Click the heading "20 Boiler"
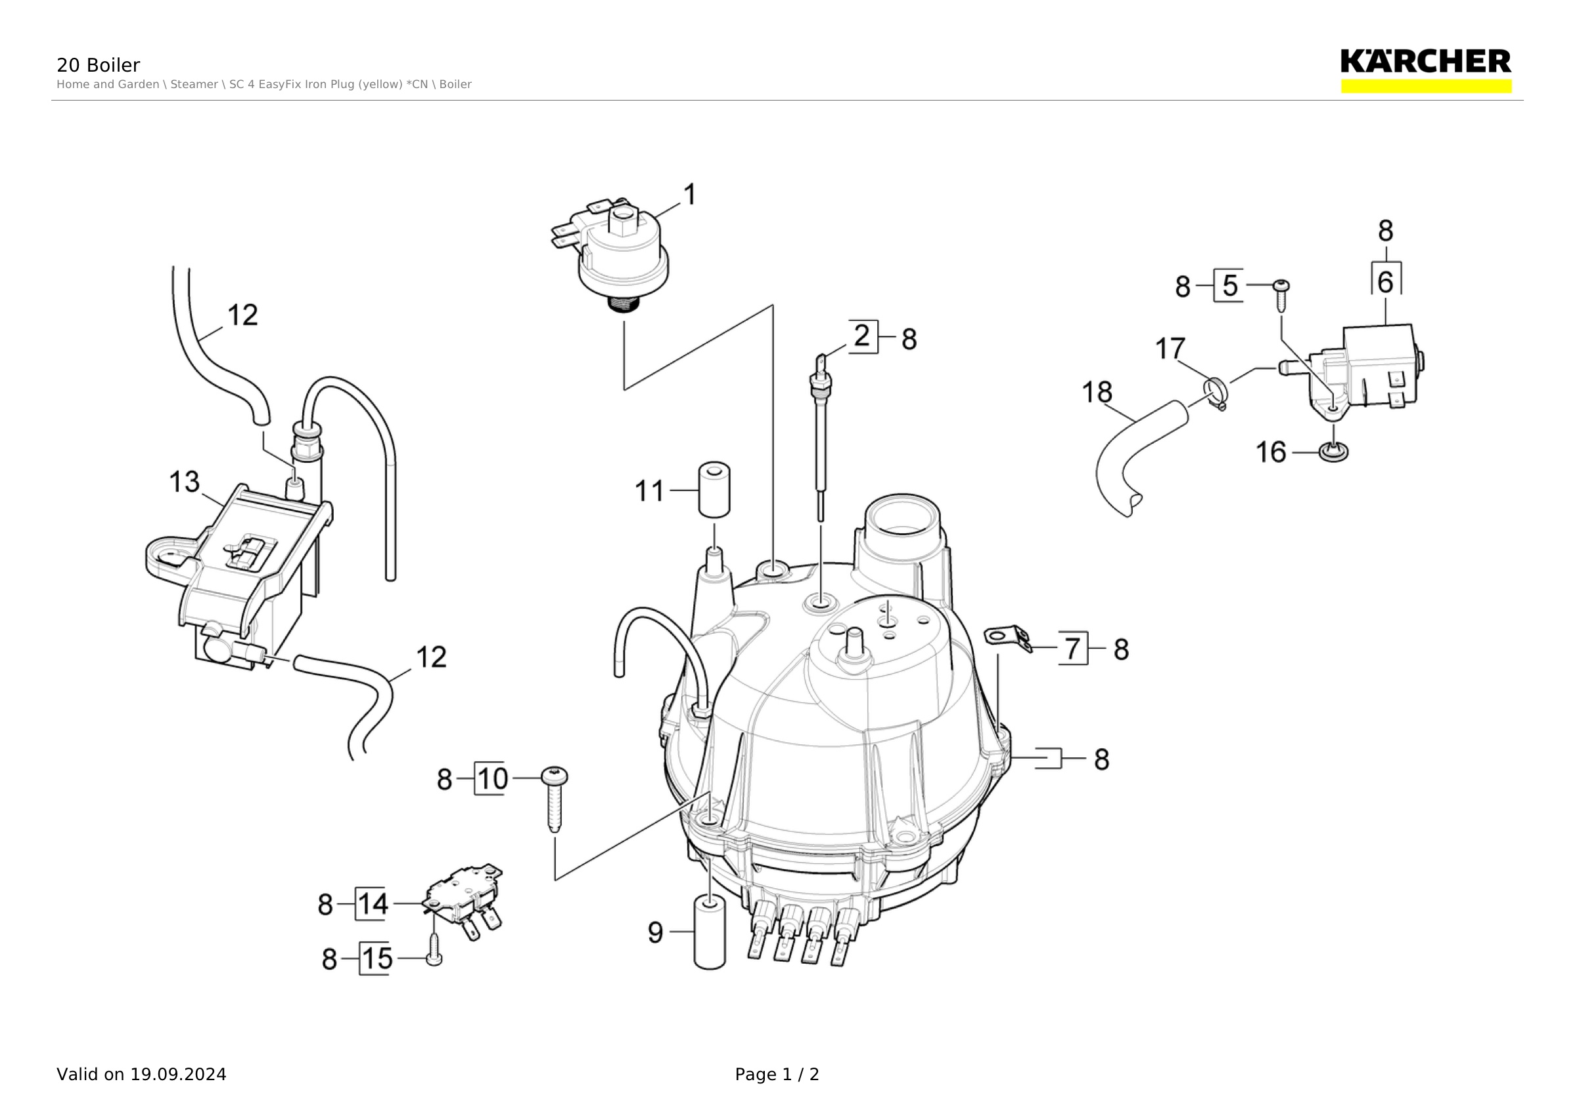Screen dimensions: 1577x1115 98,65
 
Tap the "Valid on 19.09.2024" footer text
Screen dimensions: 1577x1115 141,1074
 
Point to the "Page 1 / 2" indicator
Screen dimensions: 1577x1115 777,1074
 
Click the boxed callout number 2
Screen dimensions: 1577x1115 863,336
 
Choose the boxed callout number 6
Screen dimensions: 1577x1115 1386,281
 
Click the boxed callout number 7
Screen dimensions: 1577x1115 1073,648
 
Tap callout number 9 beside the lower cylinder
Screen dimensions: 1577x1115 656,932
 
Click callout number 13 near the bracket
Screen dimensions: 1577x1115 185,482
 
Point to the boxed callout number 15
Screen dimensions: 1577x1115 377,959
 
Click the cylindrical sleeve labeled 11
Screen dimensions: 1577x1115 714,490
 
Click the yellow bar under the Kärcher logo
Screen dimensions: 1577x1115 1427,86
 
